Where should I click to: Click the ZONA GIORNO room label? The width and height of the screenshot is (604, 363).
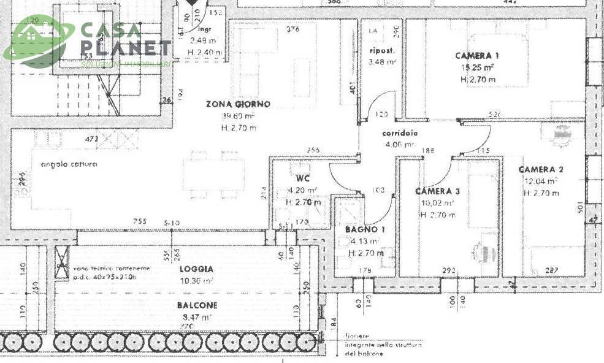[238, 104]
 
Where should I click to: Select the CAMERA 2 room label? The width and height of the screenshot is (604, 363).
[540, 169]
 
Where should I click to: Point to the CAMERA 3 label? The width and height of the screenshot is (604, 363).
[437, 191]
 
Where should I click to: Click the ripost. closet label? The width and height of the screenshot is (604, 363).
[381, 50]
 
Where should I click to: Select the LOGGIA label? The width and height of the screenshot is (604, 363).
[196, 269]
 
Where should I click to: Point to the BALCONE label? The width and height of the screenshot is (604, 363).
[197, 305]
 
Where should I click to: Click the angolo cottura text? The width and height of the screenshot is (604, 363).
[69, 164]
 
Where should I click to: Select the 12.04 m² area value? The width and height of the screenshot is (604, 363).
[541, 181]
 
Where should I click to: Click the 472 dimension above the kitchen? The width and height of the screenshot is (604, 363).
[91, 139]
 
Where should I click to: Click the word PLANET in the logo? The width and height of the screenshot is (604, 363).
[126, 47]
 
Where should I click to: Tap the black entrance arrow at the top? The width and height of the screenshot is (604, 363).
[192, 3]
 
